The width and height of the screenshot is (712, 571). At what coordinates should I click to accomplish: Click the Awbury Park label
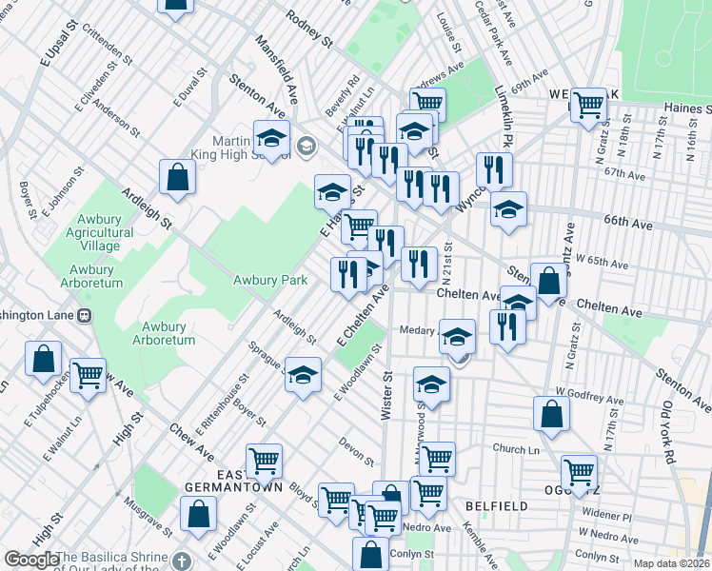[271, 280]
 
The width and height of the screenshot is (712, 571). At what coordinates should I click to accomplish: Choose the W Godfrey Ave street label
[590, 392]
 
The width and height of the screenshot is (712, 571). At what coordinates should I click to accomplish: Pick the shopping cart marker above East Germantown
[265, 462]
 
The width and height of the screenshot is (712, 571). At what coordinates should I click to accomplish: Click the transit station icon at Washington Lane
[85, 315]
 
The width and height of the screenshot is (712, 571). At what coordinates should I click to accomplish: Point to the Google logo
[31, 561]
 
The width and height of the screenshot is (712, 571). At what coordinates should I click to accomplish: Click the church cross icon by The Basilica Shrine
[184, 561]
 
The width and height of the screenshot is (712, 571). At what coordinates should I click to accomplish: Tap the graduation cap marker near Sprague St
[303, 375]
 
